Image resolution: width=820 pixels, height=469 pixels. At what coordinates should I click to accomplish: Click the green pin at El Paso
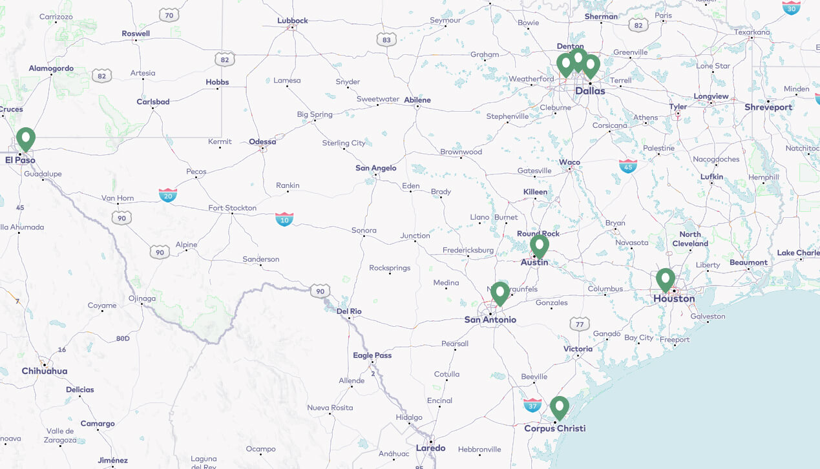tap(26, 138)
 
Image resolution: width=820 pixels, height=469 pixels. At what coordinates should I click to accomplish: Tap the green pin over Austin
tap(540, 245)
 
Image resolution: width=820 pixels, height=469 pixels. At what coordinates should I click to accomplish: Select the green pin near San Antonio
tap(499, 293)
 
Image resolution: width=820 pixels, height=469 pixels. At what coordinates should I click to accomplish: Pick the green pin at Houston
tap(666, 279)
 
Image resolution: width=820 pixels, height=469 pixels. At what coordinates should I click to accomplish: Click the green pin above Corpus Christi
tap(560, 407)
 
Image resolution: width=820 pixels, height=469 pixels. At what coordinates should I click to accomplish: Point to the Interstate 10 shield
tap(284, 219)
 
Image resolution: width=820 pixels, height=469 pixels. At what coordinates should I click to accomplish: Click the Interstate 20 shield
tap(168, 194)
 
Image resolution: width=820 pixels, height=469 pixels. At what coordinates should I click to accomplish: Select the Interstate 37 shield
tap(532, 405)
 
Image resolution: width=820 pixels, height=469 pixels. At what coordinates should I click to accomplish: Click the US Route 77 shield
tap(580, 324)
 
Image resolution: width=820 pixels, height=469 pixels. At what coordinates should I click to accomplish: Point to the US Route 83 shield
tap(386, 39)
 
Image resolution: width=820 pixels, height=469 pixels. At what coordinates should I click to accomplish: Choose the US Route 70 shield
tap(169, 15)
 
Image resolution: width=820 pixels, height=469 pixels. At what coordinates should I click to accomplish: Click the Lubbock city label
tap(293, 20)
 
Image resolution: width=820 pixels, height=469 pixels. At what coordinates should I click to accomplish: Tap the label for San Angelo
tap(376, 168)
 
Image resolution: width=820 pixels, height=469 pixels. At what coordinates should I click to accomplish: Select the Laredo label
tap(430, 448)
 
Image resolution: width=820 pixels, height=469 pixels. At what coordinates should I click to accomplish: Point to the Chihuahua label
tap(45, 371)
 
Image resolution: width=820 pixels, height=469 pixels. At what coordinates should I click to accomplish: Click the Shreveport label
tap(768, 107)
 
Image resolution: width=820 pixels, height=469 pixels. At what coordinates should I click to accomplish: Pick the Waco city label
tap(570, 162)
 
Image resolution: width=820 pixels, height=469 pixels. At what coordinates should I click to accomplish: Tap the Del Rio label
tap(349, 311)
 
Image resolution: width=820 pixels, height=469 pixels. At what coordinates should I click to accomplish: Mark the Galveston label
tap(708, 317)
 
